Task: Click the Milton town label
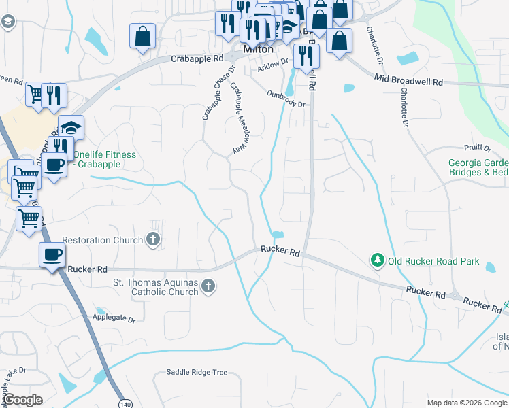tap(259, 50)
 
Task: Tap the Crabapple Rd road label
tap(197, 59)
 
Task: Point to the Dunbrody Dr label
tap(286, 99)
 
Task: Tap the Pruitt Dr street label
tap(478, 148)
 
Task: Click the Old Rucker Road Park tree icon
tap(378, 260)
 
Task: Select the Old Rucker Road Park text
tap(433, 261)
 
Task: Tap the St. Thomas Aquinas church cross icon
tap(209, 287)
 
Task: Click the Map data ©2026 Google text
tap(467, 403)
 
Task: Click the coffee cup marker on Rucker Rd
tap(52, 256)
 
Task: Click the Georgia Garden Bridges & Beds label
tap(478, 168)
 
